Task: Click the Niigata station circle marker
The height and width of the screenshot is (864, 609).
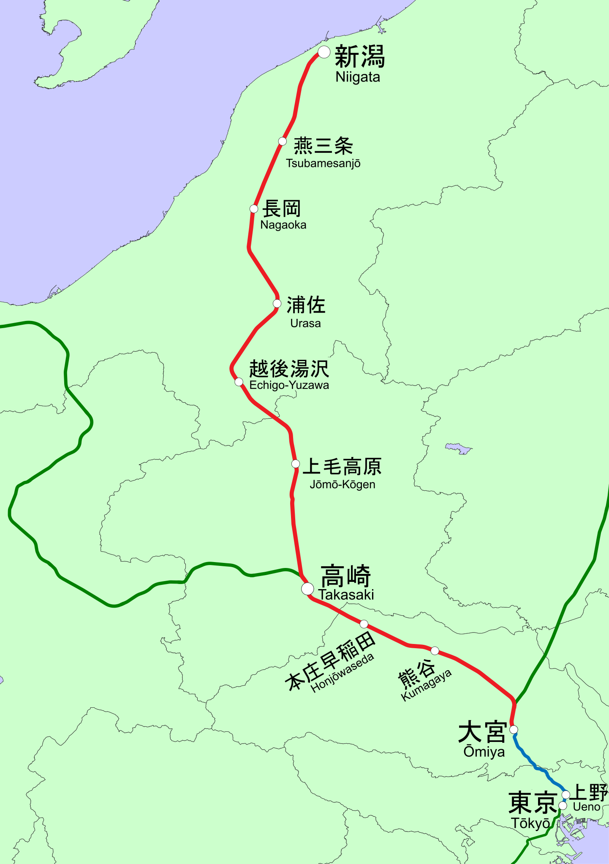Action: (324, 52)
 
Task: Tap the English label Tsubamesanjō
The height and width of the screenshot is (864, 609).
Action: (323, 163)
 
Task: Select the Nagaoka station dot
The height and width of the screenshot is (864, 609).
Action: (254, 209)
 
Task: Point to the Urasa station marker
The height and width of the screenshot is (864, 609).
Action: (277, 303)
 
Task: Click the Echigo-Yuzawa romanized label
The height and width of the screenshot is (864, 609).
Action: (289, 385)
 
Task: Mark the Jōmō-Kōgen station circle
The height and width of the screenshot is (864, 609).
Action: (296, 464)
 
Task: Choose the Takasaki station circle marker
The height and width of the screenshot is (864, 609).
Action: (307, 588)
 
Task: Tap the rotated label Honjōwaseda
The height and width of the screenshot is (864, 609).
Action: (343, 673)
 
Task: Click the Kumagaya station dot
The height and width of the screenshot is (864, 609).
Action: (435, 650)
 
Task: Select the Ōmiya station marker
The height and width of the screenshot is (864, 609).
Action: (514, 729)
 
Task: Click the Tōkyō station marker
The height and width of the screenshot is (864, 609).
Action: (563, 806)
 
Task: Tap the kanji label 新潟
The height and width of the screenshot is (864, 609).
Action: (360, 57)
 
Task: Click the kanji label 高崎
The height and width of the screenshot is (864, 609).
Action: (345, 576)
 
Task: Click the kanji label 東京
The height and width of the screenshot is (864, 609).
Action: (533, 803)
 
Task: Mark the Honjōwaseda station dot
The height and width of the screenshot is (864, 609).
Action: (364, 624)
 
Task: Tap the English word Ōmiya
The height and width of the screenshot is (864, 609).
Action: (484, 752)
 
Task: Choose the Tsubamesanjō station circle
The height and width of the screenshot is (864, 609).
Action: (283, 141)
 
